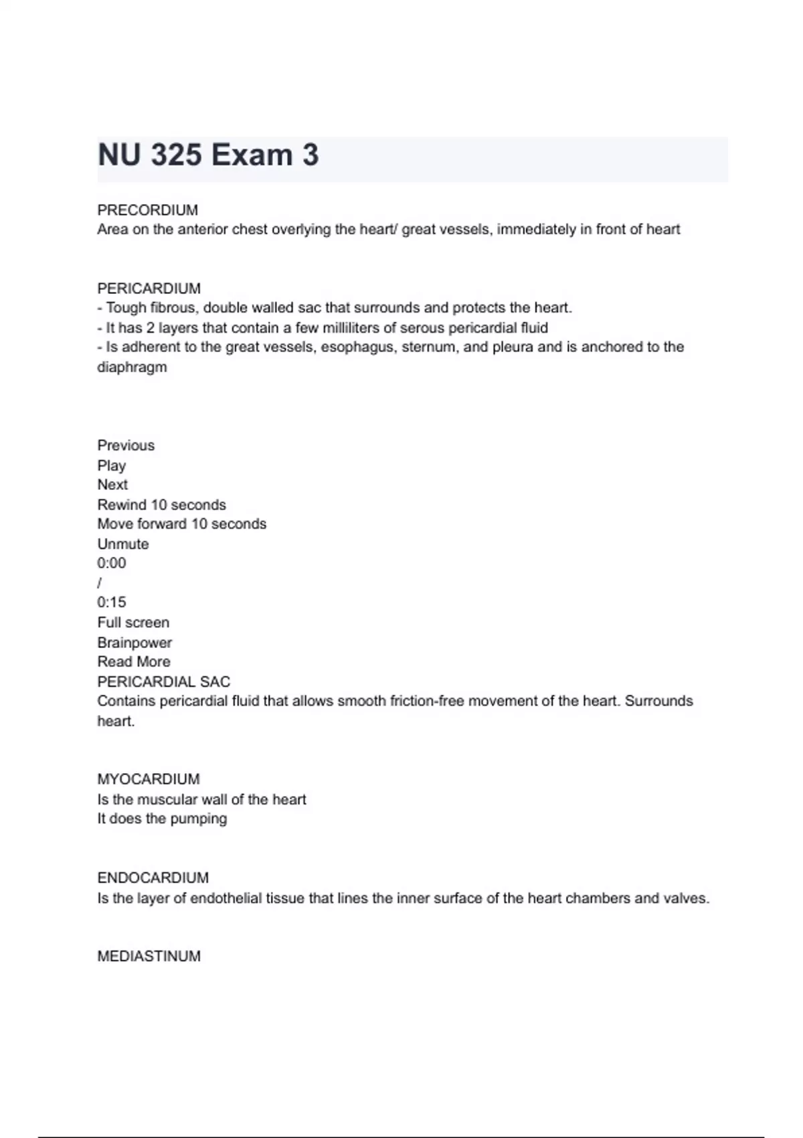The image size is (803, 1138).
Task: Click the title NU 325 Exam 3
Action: pyautogui.click(x=208, y=155)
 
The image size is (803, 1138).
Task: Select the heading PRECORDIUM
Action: pyautogui.click(x=147, y=210)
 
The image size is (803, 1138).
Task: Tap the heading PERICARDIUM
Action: pyautogui.click(x=149, y=289)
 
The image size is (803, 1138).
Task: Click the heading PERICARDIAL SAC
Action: pyautogui.click(x=163, y=681)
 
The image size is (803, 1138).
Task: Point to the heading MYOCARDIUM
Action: pyautogui.click(x=148, y=779)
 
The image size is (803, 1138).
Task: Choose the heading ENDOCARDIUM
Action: pyautogui.click(x=153, y=878)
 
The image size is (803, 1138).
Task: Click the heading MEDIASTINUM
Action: pyautogui.click(x=149, y=956)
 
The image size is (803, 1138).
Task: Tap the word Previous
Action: pyautogui.click(x=126, y=446)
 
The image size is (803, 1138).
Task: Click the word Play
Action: pyautogui.click(x=111, y=465)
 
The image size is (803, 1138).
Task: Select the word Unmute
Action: pyautogui.click(x=122, y=544)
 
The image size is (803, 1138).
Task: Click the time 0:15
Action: pyautogui.click(x=111, y=602)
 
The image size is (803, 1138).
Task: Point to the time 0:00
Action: pyautogui.click(x=111, y=563)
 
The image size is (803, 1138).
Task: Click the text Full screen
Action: pyautogui.click(x=133, y=623)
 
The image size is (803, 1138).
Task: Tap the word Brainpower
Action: pyautogui.click(x=135, y=643)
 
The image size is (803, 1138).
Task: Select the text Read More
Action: pyautogui.click(x=134, y=661)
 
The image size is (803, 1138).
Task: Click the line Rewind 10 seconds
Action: pyautogui.click(x=161, y=505)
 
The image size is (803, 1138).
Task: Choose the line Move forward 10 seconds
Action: pyautogui.click(x=181, y=523)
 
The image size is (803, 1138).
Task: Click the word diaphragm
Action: pyautogui.click(x=132, y=367)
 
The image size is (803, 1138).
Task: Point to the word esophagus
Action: pyautogui.click(x=357, y=347)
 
